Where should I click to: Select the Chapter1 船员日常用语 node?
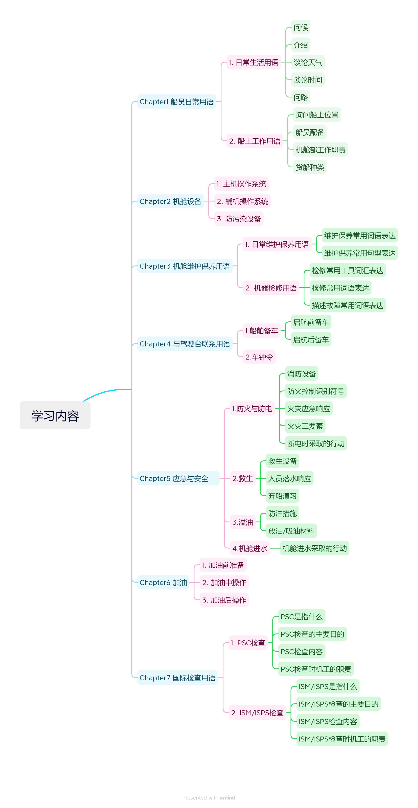177,102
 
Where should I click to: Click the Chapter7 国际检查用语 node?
177,678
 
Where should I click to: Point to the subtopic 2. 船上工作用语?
255,141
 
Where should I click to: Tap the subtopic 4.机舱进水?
250,548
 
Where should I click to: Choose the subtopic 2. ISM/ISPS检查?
257,713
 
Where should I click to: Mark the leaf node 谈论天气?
308,62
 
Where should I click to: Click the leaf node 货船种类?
310,167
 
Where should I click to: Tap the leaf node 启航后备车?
311,339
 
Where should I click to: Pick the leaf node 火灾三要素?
305,426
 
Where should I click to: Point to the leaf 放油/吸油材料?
291,531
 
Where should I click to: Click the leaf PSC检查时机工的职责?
316,669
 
